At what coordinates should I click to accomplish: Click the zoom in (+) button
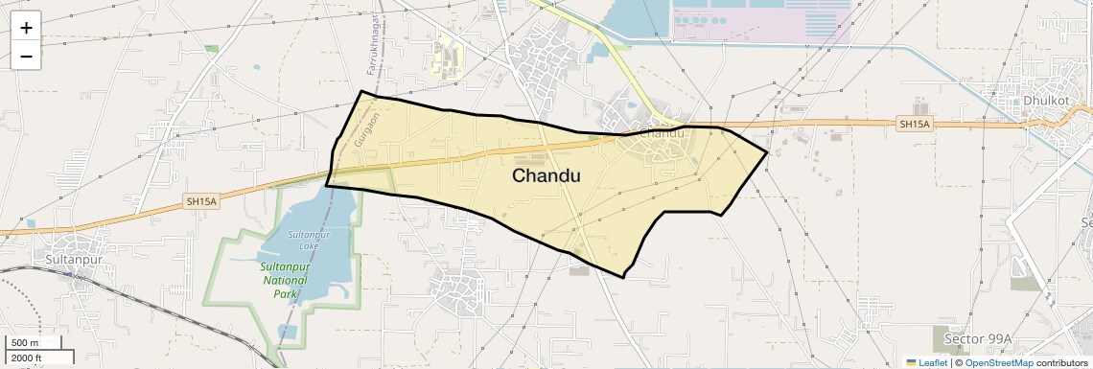tap(26, 28)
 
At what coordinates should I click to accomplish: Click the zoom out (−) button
tap(26, 56)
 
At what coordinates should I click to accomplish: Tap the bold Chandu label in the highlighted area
tap(546, 175)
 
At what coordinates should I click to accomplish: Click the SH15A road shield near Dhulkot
tap(915, 124)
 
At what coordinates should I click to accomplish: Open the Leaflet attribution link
tap(932, 362)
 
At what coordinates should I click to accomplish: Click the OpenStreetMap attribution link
tap(998, 362)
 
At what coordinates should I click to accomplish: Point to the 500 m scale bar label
tap(25, 342)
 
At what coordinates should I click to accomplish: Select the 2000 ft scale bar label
tap(28, 358)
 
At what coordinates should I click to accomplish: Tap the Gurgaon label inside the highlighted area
tap(361, 127)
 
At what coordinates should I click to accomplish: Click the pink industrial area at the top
tap(762, 24)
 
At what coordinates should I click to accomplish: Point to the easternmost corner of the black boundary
tap(767, 151)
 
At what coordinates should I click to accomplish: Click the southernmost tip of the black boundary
tap(623, 277)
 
